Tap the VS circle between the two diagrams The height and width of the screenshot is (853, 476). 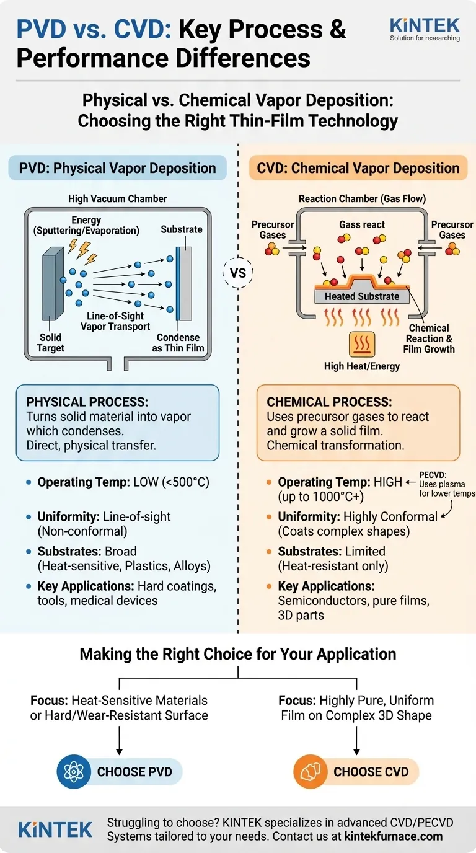click(238, 273)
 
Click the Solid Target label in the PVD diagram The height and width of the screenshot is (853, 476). click(51, 343)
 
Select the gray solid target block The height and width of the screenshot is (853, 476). click(51, 282)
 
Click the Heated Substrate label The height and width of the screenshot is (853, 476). click(362, 296)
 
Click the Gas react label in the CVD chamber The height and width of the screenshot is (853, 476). click(362, 224)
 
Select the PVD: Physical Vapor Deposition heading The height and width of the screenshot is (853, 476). click(117, 168)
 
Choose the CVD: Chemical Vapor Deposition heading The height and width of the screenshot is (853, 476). click(358, 168)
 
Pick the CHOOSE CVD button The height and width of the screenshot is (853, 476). click(371, 772)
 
